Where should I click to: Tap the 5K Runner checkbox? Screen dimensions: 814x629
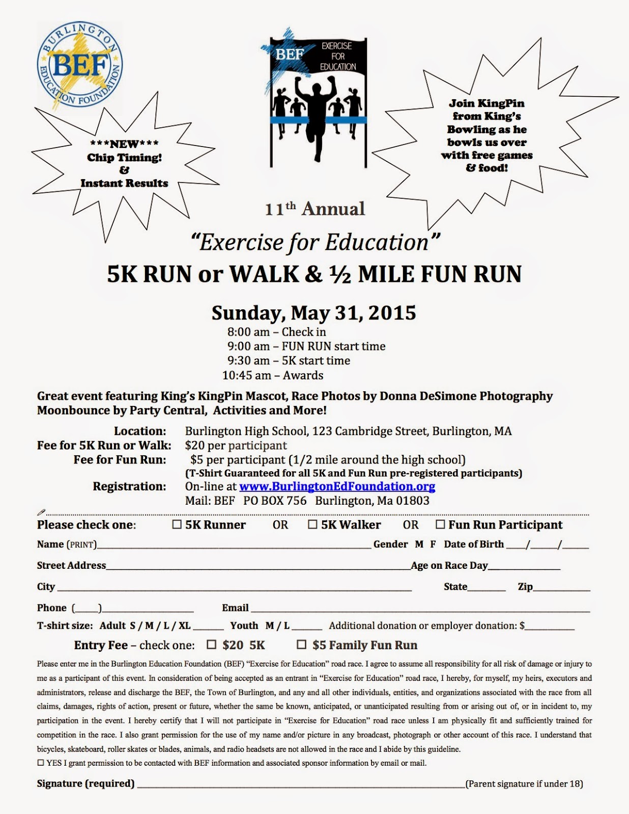tap(177, 525)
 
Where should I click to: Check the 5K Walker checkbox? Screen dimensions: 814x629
tap(312, 525)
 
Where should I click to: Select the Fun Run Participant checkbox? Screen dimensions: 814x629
tap(440, 525)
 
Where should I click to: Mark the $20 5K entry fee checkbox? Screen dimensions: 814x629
tap(212, 645)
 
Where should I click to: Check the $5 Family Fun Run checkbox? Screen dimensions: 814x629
tap(302, 645)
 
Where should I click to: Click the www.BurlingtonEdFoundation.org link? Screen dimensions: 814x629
tap(337, 486)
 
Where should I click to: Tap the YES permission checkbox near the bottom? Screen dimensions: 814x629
tap(40, 763)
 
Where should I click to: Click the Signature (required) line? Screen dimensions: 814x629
tap(300, 784)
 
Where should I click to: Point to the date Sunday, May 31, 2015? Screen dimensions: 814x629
tap(313, 312)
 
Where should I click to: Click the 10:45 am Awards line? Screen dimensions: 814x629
tap(273, 375)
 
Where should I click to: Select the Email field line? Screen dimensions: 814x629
tap(420, 608)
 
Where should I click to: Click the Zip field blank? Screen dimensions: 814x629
tap(562, 588)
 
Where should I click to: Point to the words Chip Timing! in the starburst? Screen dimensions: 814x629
tap(124, 157)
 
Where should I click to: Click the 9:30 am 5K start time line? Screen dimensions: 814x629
tap(289, 361)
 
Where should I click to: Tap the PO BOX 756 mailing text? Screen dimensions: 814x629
tap(275, 501)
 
